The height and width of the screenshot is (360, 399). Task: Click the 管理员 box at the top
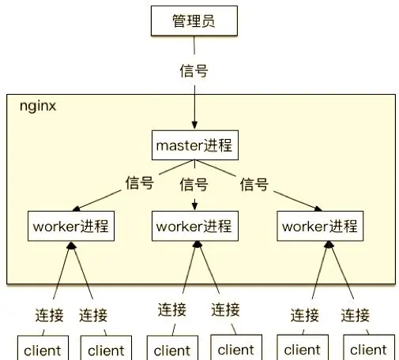tap(194, 21)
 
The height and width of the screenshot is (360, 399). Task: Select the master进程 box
tap(195, 145)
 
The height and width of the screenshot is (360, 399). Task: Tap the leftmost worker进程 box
tap(71, 226)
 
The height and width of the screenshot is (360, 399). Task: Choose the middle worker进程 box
tap(195, 226)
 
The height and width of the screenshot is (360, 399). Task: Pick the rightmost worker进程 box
tap(320, 226)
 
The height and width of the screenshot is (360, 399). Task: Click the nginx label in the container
tap(38, 107)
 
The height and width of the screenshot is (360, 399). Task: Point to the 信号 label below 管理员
tap(194, 70)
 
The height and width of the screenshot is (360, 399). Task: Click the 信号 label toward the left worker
tap(140, 182)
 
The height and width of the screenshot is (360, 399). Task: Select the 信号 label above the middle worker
tap(194, 184)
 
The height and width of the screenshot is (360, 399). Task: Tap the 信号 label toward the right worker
tap(254, 184)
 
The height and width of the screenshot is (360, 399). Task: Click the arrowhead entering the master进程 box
tap(194, 125)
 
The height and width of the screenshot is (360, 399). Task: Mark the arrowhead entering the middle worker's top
tap(194, 206)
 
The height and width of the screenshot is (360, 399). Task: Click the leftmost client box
tap(43, 348)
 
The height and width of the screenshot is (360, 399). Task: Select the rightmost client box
tap(369, 347)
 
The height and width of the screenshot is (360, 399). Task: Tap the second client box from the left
tap(106, 348)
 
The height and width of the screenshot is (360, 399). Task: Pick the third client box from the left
tap(172, 348)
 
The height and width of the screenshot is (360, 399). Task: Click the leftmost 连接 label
tap(50, 315)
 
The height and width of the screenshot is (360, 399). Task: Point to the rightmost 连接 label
tap(356, 315)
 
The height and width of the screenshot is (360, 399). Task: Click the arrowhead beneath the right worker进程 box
tap(329, 245)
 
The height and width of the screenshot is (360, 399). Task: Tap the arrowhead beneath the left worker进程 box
tap(71, 246)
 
